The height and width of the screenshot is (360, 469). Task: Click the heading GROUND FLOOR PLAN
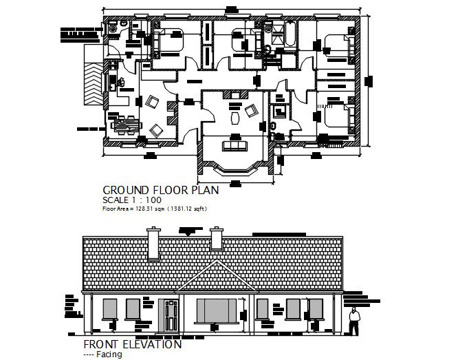[160, 189]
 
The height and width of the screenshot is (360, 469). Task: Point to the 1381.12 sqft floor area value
[184, 208]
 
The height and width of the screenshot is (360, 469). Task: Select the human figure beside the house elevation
[353, 321]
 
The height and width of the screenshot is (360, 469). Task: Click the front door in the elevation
[170, 315]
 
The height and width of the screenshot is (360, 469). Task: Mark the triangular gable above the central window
[215, 282]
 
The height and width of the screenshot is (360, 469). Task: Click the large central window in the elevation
[217, 310]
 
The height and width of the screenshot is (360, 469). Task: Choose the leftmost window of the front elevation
[109, 310]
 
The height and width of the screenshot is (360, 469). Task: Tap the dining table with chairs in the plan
[123, 126]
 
